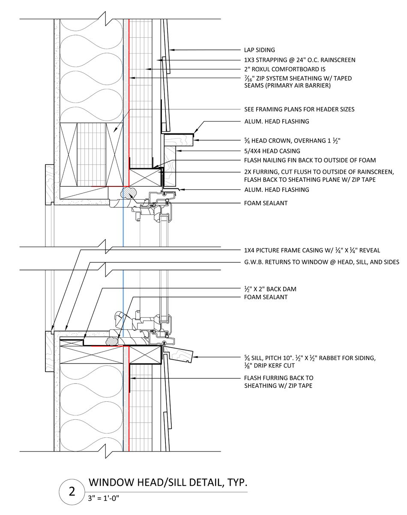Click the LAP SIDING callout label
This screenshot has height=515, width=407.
coord(259,50)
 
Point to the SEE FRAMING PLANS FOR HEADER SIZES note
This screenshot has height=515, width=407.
coord(299,109)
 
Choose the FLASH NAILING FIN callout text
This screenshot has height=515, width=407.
coord(310,160)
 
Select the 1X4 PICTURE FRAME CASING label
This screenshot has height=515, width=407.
coord(312,250)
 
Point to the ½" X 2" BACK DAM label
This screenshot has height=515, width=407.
coord(270,289)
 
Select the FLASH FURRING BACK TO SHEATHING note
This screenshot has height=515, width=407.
coord(278,382)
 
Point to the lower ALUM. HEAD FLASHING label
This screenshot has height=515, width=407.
coord(276,189)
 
